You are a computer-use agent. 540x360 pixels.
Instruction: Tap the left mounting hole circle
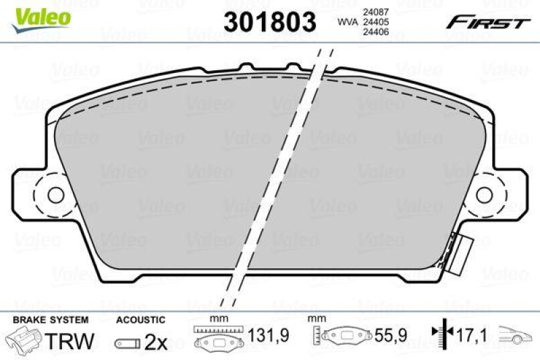55,195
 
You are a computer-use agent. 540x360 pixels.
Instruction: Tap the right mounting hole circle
485,195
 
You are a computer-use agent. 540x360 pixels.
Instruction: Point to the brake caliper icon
23,341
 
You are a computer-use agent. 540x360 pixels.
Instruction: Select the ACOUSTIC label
140,319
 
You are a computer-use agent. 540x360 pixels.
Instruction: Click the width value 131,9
259,333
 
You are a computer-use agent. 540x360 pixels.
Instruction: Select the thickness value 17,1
473,333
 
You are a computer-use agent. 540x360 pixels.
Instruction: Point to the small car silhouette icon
516,333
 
